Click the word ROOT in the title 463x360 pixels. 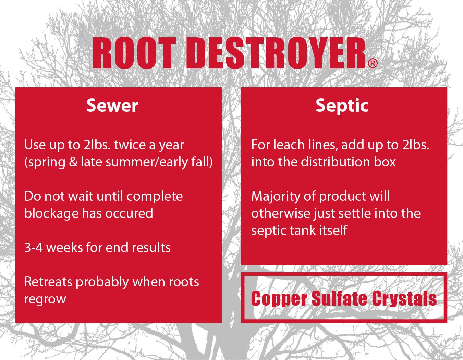(134, 53)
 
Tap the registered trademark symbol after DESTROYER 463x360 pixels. (373, 63)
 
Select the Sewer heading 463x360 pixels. (112, 105)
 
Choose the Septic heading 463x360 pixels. (342, 105)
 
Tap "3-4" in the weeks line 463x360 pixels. (33, 247)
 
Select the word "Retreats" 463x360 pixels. (48, 282)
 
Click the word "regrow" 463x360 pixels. (45, 299)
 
